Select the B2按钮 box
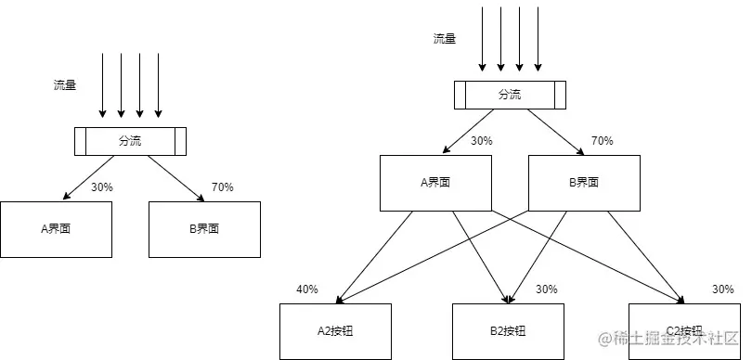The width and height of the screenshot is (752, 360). click(x=508, y=331)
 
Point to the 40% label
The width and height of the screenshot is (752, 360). click(x=306, y=289)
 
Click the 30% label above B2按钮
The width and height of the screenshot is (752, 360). click(x=546, y=289)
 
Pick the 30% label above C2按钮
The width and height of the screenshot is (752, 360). click(x=722, y=289)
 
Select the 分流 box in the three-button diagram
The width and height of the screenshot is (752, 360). click(x=510, y=95)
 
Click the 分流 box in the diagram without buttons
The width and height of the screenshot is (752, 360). click(x=130, y=141)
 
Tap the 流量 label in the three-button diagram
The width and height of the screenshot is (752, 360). click(x=445, y=39)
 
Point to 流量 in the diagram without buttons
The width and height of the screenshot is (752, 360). click(x=65, y=85)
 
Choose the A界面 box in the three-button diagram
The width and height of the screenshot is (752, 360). click(x=436, y=182)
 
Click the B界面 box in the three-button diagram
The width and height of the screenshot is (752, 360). click(x=585, y=182)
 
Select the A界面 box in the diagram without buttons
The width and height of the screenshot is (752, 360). click(x=56, y=228)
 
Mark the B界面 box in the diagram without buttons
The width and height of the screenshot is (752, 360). click(x=204, y=228)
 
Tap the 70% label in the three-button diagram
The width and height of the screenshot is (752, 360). click(x=602, y=142)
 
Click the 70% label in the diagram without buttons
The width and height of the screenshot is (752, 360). click(x=222, y=187)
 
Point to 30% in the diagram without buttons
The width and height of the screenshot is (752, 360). click(x=101, y=187)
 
